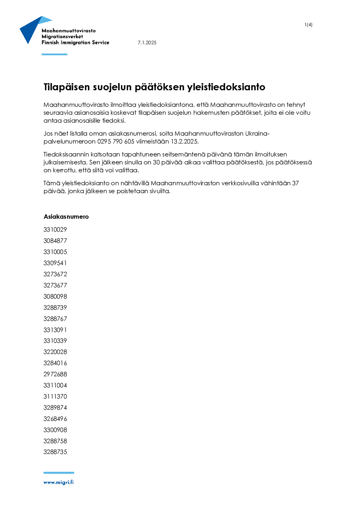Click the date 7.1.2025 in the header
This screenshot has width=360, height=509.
(x=147, y=42)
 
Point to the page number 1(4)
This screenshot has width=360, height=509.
(x=308, y=25)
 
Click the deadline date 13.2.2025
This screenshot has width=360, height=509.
(x=184, y=141)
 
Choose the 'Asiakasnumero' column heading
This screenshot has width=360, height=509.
(x=66, y=217)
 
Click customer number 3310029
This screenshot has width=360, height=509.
(x=55, y=229)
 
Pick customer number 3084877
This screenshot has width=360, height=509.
(x=55, y=241)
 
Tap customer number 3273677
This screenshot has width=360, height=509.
(x=55, y=285)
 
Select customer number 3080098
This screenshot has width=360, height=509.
(x=55, y=296)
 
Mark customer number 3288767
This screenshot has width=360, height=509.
(x=55, y=319)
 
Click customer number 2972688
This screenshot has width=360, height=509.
(x=55, y=374)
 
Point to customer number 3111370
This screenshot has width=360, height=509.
(x=55, y=396)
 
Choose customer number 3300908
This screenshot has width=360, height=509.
(x=55, y=430)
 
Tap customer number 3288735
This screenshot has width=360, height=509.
(x=55, y=452)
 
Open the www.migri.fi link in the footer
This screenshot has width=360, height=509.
(x=58, y=482)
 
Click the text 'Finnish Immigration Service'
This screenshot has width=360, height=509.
(x=75, y=42)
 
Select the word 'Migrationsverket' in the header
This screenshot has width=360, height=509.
(x=62, y=36)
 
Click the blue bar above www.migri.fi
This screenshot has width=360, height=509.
(x=59, y=473)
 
